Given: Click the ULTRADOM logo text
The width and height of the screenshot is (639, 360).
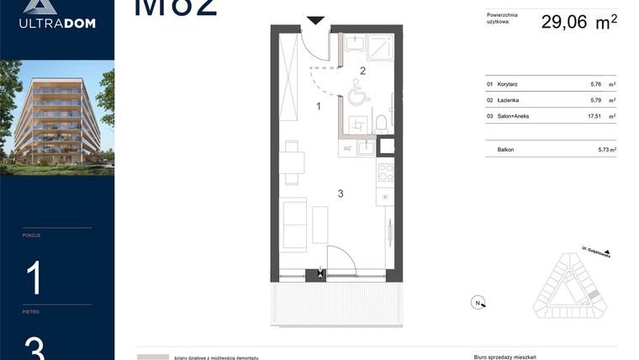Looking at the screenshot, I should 57,24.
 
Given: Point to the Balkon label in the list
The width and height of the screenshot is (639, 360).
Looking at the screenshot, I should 505,149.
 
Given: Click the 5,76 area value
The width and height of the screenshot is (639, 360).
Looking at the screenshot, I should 598,84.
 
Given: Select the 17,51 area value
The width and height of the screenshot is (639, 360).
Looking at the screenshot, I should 598,116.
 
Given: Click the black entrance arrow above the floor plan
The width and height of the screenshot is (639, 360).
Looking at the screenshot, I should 315,20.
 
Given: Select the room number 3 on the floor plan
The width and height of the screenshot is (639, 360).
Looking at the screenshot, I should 341,193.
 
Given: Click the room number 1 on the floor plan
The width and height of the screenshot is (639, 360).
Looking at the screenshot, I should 319,106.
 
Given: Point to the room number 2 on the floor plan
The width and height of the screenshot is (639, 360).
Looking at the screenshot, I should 363,71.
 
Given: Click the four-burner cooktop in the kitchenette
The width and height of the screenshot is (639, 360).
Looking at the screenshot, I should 385,172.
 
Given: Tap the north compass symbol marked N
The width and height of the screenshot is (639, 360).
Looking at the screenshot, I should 477,303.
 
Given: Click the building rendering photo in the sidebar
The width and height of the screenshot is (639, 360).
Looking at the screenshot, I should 57,117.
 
